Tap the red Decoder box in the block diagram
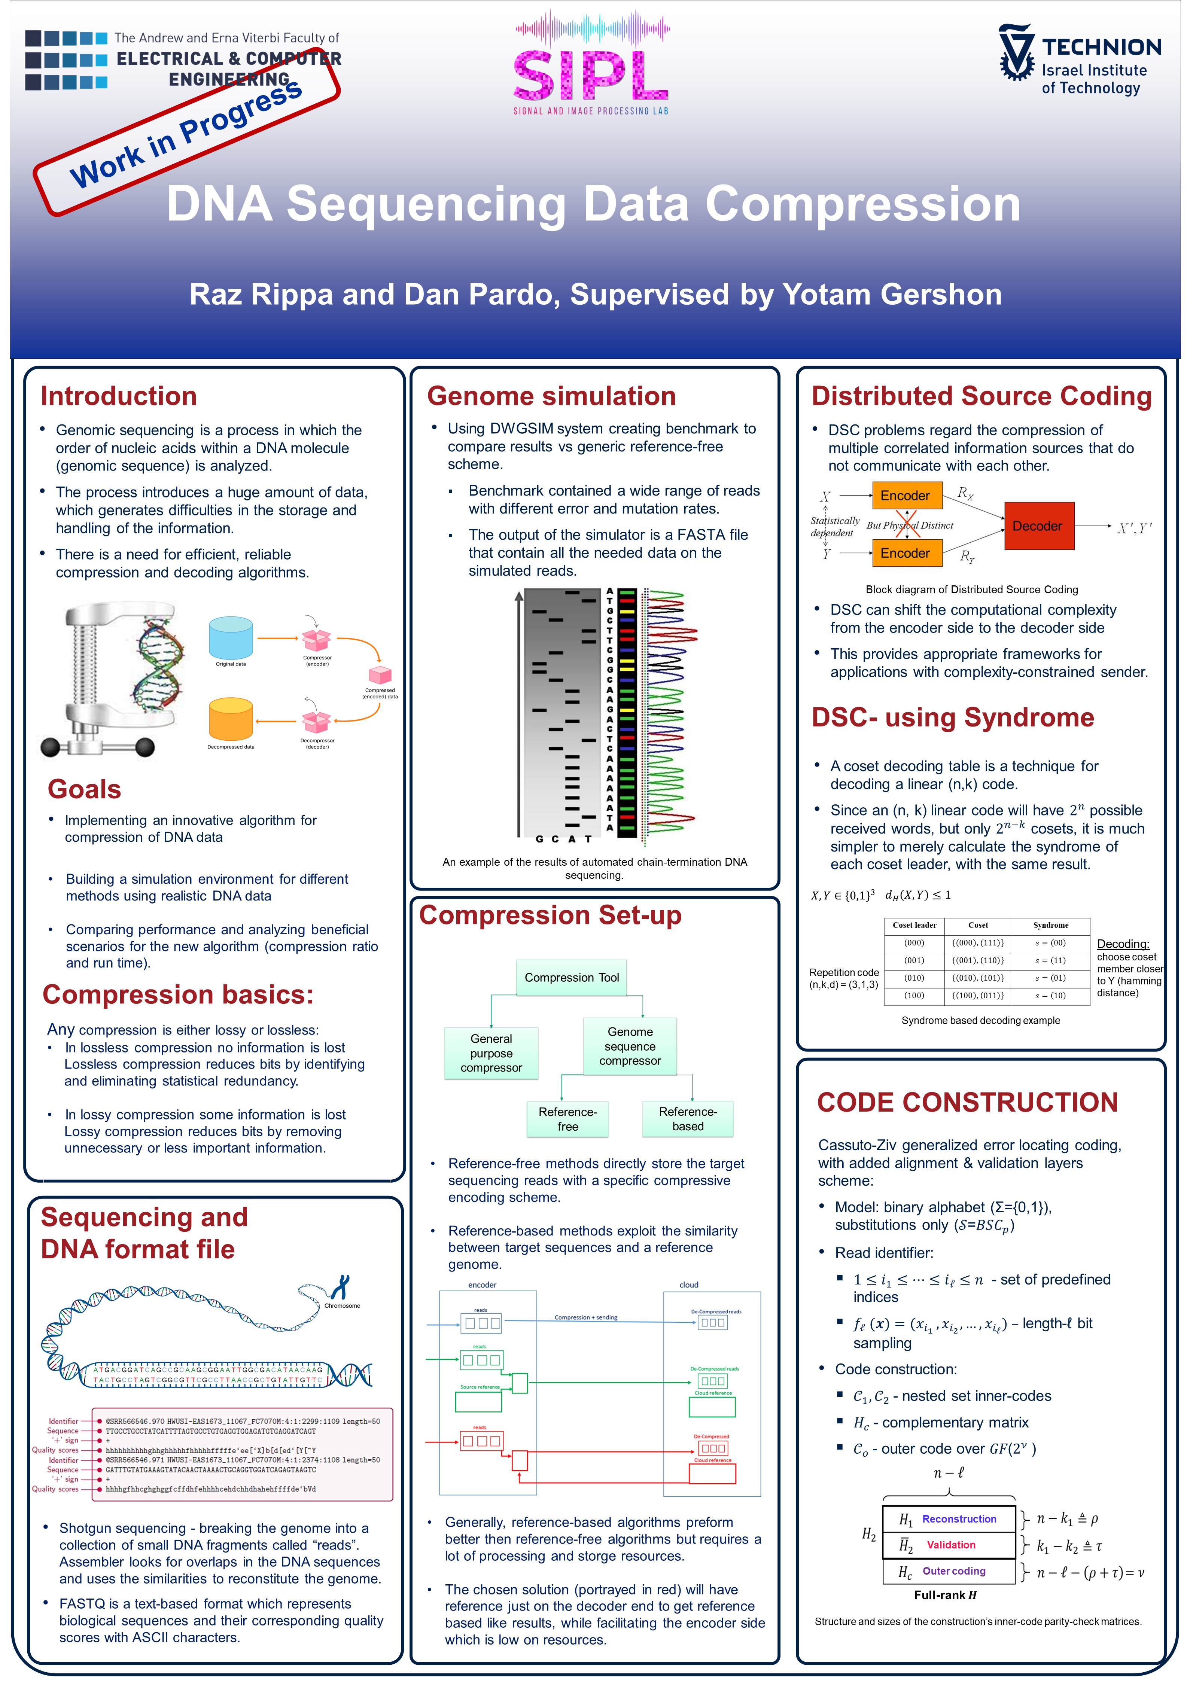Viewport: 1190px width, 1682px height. click(x=1038, y=526)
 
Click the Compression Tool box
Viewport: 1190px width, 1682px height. click(x=572, y=977)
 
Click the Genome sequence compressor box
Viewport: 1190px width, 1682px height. click(x=630, y=1046)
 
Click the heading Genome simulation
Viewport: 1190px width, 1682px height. click(x=551, y=396)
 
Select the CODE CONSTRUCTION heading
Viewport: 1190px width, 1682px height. click(x=967, y=1103)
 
